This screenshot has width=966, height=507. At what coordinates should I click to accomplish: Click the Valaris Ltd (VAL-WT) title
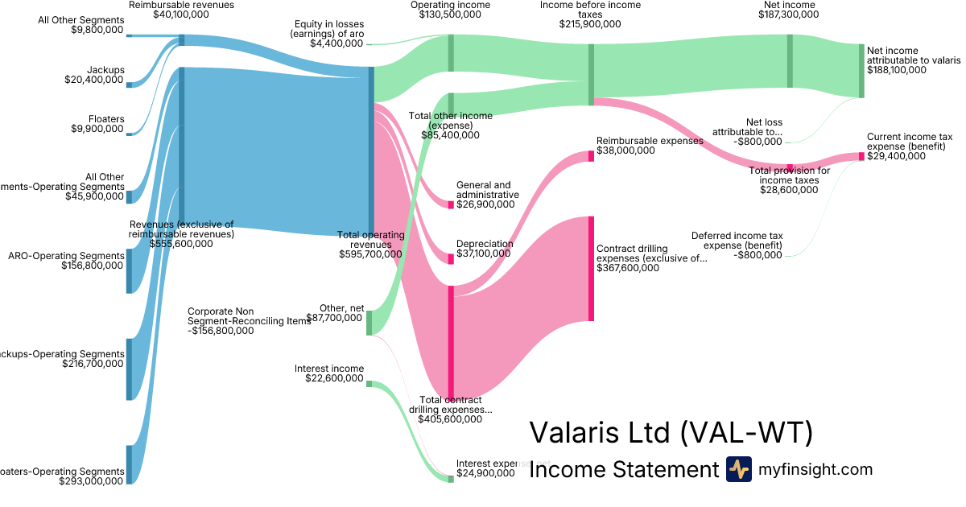(x=671, y=433)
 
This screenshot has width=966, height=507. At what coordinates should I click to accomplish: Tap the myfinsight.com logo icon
(x=738, y=469)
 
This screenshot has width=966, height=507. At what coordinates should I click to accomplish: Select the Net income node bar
(x=790, y=61)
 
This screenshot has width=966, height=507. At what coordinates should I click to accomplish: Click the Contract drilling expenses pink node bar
(x=591, y=268)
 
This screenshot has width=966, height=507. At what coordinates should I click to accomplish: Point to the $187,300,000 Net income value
(x=789, y=15)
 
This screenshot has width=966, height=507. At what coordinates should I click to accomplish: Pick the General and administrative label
(x=487, y=190)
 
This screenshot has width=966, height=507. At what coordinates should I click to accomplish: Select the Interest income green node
(x=369, y=384)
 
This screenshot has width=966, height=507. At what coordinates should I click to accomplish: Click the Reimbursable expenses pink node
(x=591, y=155)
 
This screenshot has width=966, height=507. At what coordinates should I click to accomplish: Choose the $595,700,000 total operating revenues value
(x=370, y=254)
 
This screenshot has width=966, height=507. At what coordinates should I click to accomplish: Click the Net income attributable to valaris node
(x=861, y=71)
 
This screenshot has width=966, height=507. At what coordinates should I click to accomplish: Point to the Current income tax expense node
(x=861, y=156)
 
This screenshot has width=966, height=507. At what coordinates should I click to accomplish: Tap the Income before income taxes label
(x=590, y=10)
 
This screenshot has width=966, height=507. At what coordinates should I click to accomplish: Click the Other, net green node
(x=369, y=323)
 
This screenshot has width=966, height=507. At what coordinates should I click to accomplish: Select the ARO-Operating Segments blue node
(x=129, y=271)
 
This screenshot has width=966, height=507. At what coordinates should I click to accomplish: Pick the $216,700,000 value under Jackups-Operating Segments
(x=93, y=364)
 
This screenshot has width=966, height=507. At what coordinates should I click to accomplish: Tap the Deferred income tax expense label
(x=737, y=240)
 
